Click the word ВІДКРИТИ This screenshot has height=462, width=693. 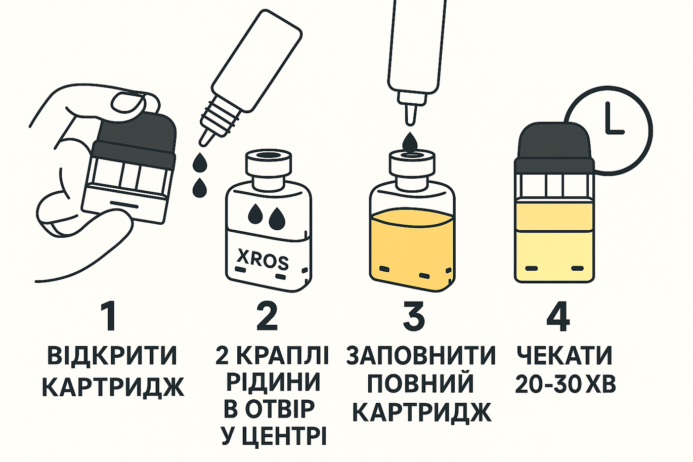[x=112, y=356]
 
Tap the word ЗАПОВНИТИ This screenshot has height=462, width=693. [x=421, y=356]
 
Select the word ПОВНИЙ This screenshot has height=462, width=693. [x=420, y=384]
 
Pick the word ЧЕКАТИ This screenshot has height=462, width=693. [x=565, y=356]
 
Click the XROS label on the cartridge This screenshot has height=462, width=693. [x=263, y=260]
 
